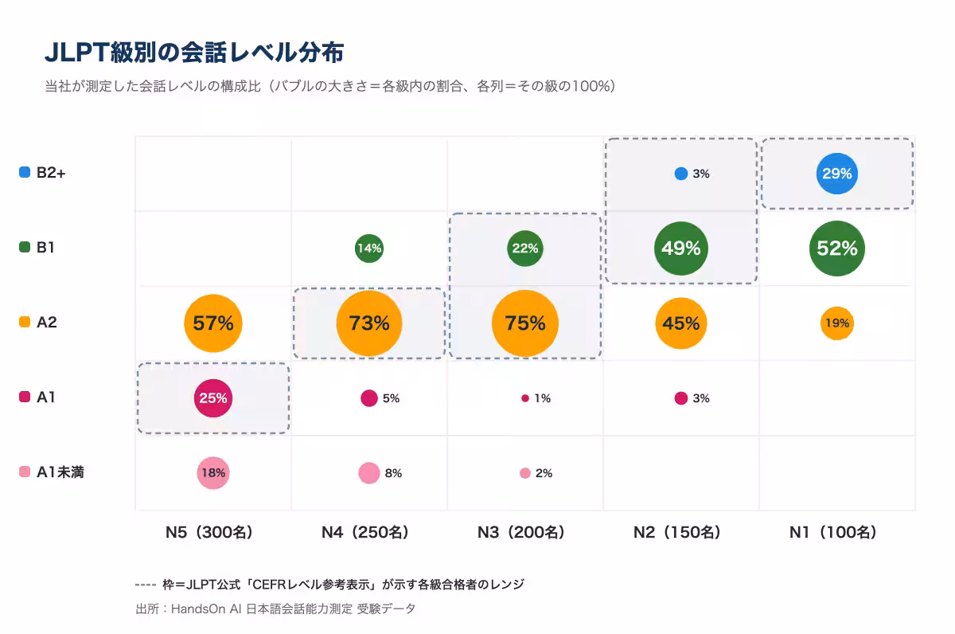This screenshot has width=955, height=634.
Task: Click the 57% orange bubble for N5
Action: coord(213,323)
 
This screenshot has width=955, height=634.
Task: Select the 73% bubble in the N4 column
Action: coord(369,323)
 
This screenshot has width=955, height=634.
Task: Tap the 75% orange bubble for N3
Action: coord(525,323)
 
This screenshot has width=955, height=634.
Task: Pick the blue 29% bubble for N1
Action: coord(837,173)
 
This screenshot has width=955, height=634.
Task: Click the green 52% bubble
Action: coord(837,249)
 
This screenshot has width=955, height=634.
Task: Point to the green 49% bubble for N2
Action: coord(681,249)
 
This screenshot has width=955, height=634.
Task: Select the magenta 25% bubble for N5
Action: coord(213,398)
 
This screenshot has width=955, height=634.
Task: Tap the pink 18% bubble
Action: coord(213,473)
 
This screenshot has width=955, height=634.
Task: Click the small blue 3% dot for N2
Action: coord(681,174)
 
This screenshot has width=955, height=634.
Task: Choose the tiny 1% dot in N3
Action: coord(525,398)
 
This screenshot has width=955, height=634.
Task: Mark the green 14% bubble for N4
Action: coord(369,249)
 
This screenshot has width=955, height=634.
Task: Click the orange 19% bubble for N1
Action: coord(837,323)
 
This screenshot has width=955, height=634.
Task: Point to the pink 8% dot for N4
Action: coord(369,473)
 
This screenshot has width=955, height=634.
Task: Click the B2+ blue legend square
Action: coord(25,172)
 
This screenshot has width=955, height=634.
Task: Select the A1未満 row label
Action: coord(60,472)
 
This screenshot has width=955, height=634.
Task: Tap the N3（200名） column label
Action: coord(521,533)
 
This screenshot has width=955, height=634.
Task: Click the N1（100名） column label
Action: coord(833,533)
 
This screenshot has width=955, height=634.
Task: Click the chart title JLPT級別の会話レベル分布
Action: coord(194,53)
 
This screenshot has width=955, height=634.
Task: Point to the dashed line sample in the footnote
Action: coord(146,585)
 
